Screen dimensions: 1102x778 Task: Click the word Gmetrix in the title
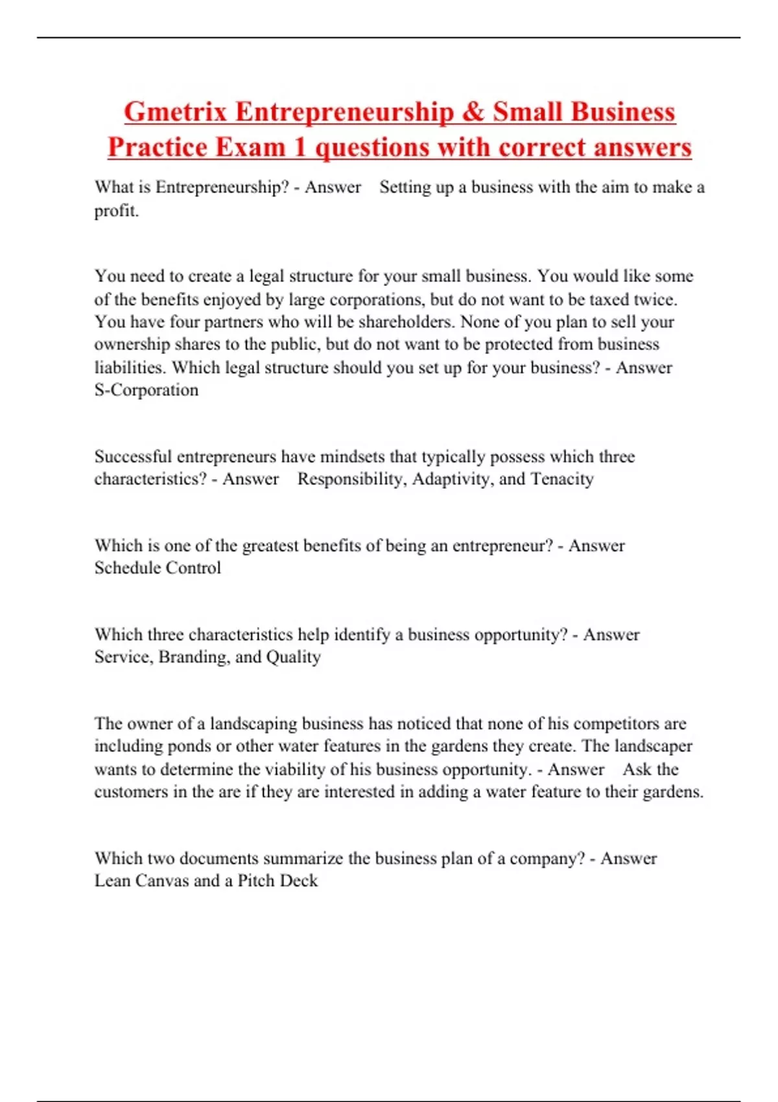pos(175,112)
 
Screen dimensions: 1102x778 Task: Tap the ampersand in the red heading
pos(473,112)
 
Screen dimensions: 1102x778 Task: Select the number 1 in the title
pos(300,147)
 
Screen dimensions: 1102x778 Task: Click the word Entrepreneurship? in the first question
pos(222,187)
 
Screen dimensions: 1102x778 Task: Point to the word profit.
pos(117,211)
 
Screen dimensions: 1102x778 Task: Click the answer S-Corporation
pos(147,390)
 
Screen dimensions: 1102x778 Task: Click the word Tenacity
pos(562,479)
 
